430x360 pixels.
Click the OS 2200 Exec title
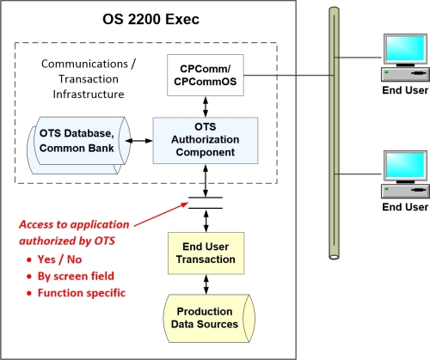pos(150,20)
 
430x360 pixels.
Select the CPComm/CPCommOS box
pos(206,75)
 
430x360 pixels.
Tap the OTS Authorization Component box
pos(206,140)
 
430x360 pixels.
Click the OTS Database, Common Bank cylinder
pos(79,145)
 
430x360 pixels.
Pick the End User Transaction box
pos(206,253)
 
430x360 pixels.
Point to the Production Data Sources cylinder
pos(209,318)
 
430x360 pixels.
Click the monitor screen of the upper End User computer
pos(405,49)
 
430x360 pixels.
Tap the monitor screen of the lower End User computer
pos(405,165)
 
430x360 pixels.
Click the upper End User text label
pos(405,90)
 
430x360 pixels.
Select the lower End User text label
pos(405,207)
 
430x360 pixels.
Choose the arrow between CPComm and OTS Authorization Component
pos(206,107)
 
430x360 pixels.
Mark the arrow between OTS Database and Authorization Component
pos(139,141)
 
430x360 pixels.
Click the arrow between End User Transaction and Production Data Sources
pos(206,284)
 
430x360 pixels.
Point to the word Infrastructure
pos(89,95)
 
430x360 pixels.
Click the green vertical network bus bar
pos(334,133)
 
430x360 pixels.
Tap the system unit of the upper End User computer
pos(405,75)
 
